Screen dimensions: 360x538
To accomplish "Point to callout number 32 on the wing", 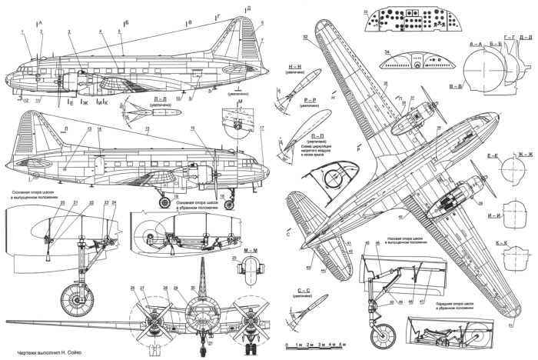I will click(x=305, y=37).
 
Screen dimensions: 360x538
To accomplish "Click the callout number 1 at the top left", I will click(x=24, y=32).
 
